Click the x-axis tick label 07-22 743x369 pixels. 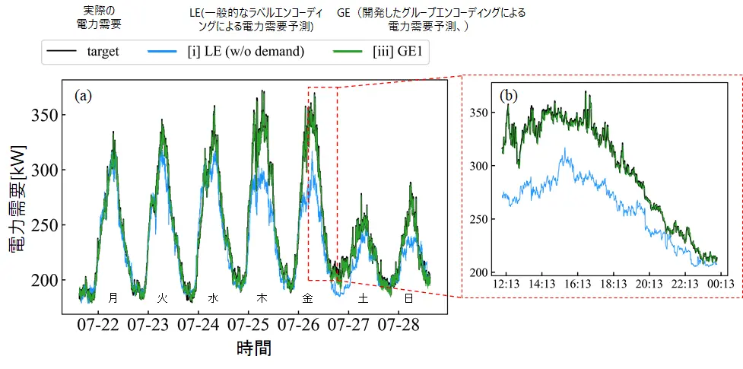[x=98, y=325]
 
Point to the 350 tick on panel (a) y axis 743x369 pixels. [x=44, y=116]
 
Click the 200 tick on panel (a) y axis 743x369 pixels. [x=44, y=280]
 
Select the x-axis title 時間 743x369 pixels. [x=254, y=349]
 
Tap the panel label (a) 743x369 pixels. [x=84, y=95]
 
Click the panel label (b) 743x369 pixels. [x=509, y=96]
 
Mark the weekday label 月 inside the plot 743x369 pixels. [x=113, y=297]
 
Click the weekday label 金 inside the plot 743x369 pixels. [x=308, y=297]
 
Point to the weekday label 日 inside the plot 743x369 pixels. [x=408, y=297]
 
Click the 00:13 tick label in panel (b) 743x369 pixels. [x=721, y=284]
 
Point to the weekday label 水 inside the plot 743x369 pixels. [x=213, y=297]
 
